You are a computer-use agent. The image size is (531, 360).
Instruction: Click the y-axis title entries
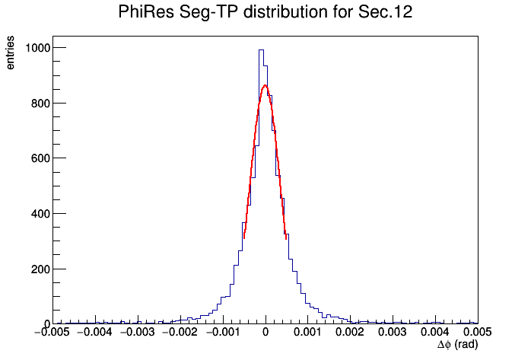click(10, 53)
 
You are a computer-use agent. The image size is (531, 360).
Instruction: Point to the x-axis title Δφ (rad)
click(457, 345)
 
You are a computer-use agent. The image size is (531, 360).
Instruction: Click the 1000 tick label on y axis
click(37, 48)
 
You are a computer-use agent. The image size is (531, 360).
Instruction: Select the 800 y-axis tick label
click(40, 103)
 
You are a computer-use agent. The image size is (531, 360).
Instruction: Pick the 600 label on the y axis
click(40, 158)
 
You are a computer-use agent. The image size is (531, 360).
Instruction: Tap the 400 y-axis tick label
click(40, 214)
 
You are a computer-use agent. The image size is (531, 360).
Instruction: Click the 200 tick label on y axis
click(40, 269)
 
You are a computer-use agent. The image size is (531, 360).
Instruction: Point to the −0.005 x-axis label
click(52, 332)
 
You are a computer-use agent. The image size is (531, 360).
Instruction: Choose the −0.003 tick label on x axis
click(137, 332)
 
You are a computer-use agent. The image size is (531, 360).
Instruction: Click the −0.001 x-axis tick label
click(222, 332)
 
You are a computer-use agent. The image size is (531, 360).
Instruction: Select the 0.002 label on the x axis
click(351, 332)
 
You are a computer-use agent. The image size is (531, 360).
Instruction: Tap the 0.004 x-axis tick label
click(435, 332)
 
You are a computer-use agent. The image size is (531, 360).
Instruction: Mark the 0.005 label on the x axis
click(478, 332)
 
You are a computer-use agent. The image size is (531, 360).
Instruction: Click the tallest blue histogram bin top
click(261, 50)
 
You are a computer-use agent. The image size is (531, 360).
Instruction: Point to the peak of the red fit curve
click(265, 85)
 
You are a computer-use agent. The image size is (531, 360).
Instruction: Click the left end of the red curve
click(244, 238)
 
